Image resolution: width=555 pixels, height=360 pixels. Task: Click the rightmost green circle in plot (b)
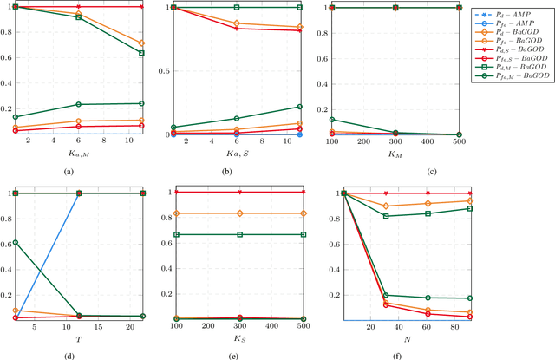(x=301, y=107)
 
